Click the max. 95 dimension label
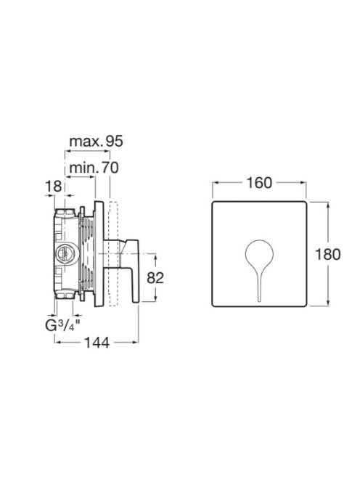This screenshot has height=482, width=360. (x=96, y=142)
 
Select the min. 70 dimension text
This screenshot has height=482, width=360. (x=94, y=168)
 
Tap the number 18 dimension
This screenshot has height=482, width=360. (x=54, y=187)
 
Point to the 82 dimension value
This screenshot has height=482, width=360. (x=155, y=278)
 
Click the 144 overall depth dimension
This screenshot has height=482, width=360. (x=97, y=343)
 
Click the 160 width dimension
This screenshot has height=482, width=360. (x=259, y=183)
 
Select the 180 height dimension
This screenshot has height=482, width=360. (x=328, y=254)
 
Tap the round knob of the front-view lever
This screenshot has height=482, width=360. (x=259, y=253)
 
